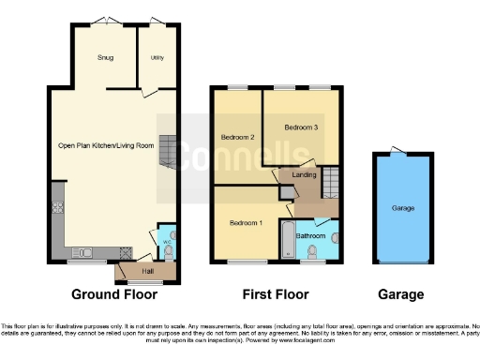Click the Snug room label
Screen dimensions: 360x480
coord(105,58)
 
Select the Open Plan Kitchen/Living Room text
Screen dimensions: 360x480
coord(105,145)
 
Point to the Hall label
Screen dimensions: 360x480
coord(147,271)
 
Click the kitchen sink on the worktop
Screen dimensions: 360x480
coord(82,250)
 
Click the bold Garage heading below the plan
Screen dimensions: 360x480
coord(400,294)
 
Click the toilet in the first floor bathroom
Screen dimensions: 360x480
coord(327,251)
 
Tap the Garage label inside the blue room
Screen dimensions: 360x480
coord(402,207)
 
